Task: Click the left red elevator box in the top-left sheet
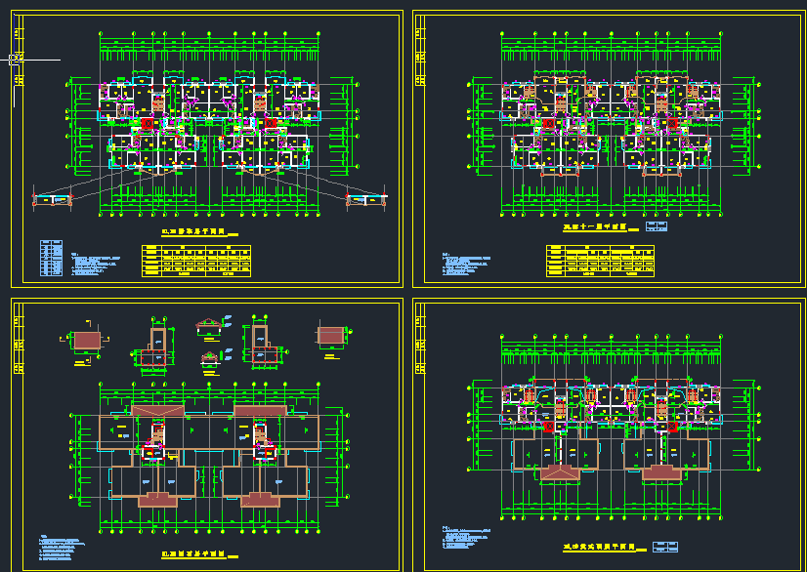[x=148, y=124]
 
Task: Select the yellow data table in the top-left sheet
[x=196, y=261]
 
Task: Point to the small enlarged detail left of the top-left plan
[x=55, y=200]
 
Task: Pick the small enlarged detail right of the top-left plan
[x=367, y=200]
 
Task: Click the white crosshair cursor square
[x=14, y=60]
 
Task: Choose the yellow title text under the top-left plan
[x=193, y=234]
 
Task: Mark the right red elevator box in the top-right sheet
[x=672, y=124]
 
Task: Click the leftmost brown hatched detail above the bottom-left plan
[x=86, y=340]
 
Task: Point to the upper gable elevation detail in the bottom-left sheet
[x=208, y=325]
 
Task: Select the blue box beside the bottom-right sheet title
[x=666, y=547]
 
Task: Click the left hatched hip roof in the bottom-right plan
[x=559, y=472]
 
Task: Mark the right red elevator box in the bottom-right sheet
[x=672, y=427]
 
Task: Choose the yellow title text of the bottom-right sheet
[x=599, y=548]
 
